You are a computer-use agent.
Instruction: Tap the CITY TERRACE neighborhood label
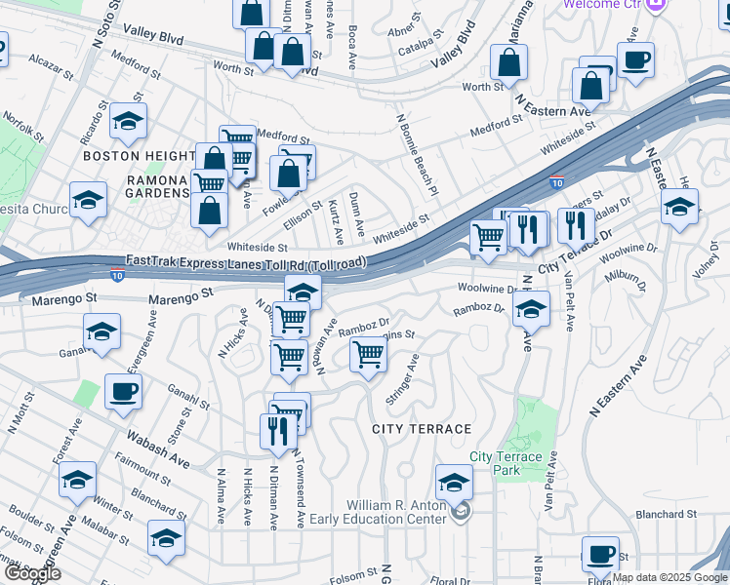422,429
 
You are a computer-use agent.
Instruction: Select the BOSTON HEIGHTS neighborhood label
140,156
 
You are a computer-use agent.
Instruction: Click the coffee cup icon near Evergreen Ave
123,392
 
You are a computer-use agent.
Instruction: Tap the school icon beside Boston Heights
127,121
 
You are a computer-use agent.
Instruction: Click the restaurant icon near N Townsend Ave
278,431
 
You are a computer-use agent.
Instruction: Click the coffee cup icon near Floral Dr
600,554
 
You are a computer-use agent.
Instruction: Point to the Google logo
31,573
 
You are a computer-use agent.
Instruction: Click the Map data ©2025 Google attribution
669,577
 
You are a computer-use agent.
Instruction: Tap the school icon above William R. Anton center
454,482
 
